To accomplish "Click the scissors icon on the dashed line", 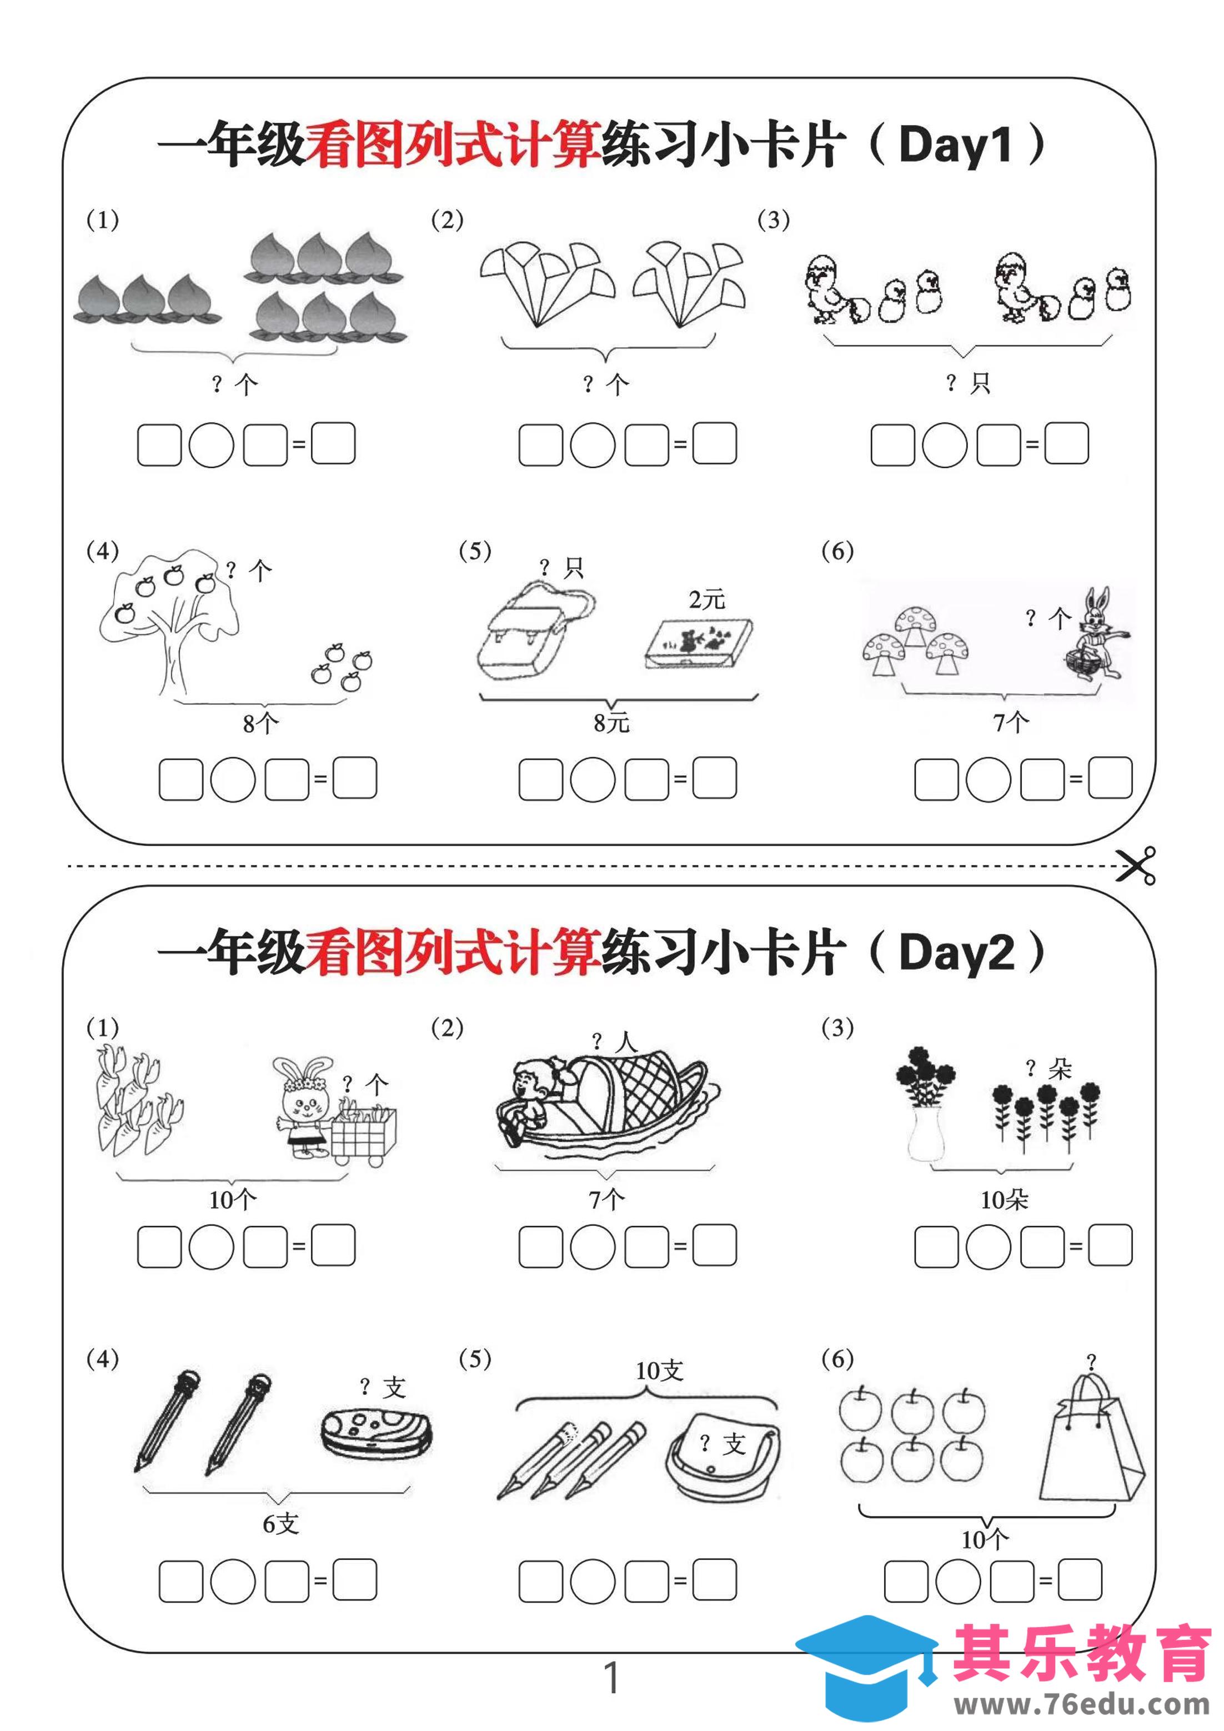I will click(1135, 865).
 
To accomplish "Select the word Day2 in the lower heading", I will click(956, 952).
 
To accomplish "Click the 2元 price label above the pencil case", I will click(706, 599).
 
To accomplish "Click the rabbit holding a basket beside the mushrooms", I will click(1097, 633).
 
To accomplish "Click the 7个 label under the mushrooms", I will click(1010, 723).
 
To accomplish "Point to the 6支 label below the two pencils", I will click(280, 1524).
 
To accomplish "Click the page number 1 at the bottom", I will click(611, 1678).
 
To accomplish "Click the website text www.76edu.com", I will click(1082, 1705).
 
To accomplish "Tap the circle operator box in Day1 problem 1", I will click(211, 445).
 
